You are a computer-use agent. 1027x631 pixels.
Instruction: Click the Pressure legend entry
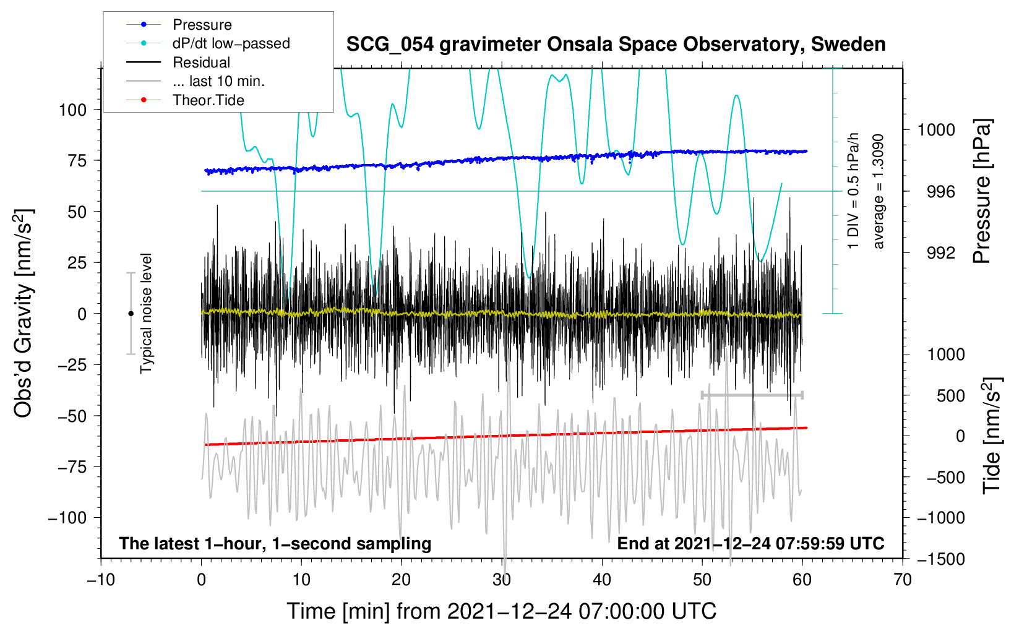click(x=179, y=24)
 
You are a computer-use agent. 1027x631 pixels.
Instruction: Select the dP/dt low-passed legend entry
click(x=208, y=43)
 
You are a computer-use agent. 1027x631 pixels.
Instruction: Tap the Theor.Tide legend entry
click(x=185, y=100)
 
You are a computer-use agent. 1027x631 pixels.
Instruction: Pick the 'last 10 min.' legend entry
click(x=196, y=81)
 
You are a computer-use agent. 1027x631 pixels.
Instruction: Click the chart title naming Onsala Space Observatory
click(x=616, y=45)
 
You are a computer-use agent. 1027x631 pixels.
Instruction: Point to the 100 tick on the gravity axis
click(x=73, y=110)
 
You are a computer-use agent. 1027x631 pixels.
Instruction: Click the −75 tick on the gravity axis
click(x=72, y=467)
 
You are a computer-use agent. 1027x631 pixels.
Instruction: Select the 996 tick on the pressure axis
click(x=941, y=192)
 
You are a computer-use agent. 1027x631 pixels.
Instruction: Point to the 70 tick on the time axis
click(x=902, y=580)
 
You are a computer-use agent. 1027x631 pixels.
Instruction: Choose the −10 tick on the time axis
click(x=101, y=580)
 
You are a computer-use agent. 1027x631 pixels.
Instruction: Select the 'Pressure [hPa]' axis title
click(x=982, y=191)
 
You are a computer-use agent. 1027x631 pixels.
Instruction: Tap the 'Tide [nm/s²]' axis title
click(x=992, y=436)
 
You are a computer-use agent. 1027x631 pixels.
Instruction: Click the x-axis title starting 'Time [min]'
click(x=502, y=611)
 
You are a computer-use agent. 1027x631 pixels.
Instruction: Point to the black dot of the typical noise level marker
click(x=131, y=314)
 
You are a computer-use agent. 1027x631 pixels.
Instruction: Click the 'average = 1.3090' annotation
click(x=878, y=192)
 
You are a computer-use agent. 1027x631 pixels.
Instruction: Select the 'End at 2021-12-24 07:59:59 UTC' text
click(x=750, y=543)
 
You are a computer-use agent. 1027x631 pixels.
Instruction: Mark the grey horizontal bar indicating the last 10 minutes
click(x=752, y=395)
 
